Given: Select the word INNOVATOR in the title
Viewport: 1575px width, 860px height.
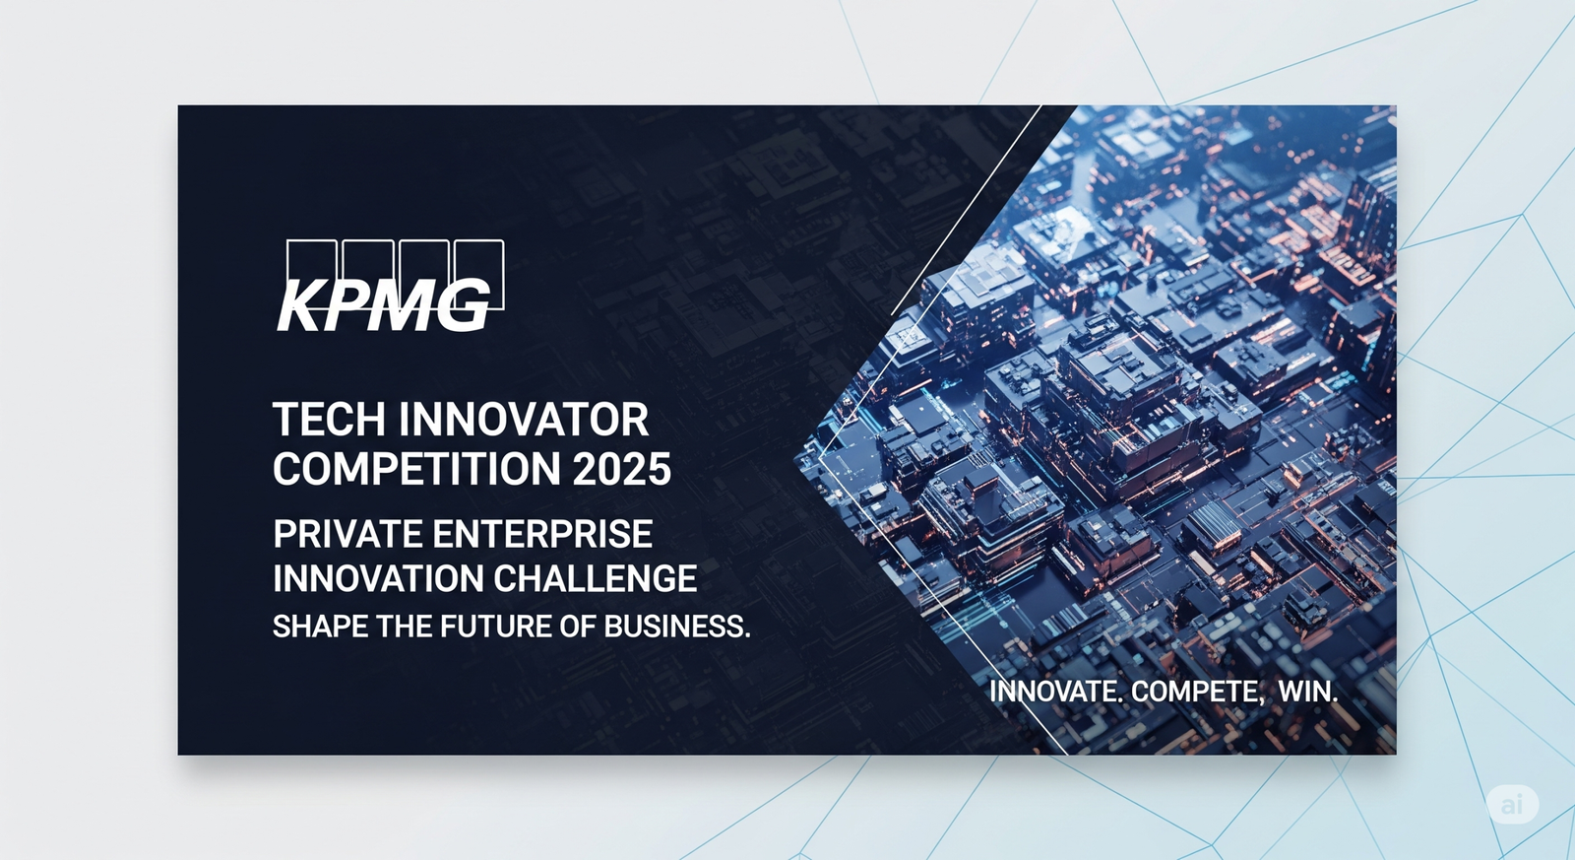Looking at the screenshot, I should click(524, 420).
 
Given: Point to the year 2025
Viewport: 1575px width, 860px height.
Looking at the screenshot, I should click(622, 469).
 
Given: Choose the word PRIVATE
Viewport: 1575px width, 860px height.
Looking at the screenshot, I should click(347, 535).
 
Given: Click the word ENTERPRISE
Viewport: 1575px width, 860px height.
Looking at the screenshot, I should click(542, 535).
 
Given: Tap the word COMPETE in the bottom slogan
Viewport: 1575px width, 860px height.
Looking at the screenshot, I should click(1195, 692).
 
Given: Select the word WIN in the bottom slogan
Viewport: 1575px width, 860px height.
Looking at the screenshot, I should click(1306, 692).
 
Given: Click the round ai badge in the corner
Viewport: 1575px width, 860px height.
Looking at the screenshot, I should click(1512, 805).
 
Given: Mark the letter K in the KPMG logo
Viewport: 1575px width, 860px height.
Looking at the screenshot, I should click(299, 306).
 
